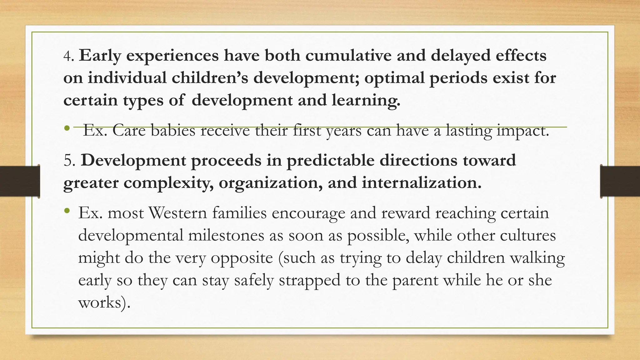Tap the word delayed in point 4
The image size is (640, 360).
(x=460, y=56)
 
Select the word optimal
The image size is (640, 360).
(x=394, y=78)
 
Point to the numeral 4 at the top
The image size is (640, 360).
(x=67, y=56)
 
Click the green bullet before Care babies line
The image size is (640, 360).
(x=67, y=128)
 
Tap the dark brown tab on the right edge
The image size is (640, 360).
(x=620, y=182)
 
